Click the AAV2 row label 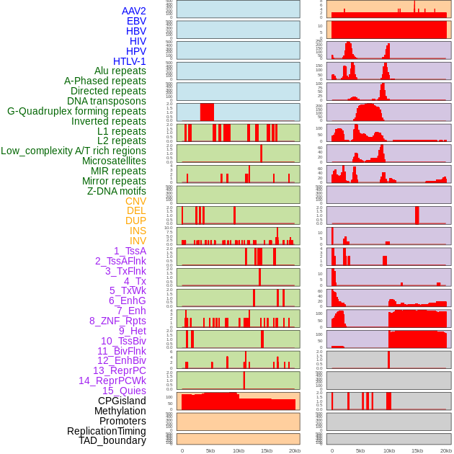tap(133, 11)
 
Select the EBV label tap(136, 21)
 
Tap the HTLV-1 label tap(129, 61)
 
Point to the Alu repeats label tap(120, 71)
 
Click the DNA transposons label tap(107, 102)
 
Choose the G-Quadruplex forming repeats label tap(76, 112)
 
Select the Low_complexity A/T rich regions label tap(74, 151)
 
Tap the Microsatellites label tap(114, 161)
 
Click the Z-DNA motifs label tap(117, 191)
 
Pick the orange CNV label tap(135, 201)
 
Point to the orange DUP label tap(135, 221)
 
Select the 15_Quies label tap(124, 391)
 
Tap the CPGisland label tap(122, 401)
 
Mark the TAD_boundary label tap(112, 440)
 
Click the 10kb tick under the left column tap(239, 450)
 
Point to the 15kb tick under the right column tap(417, 450)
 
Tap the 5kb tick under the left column tap(210, 450)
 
